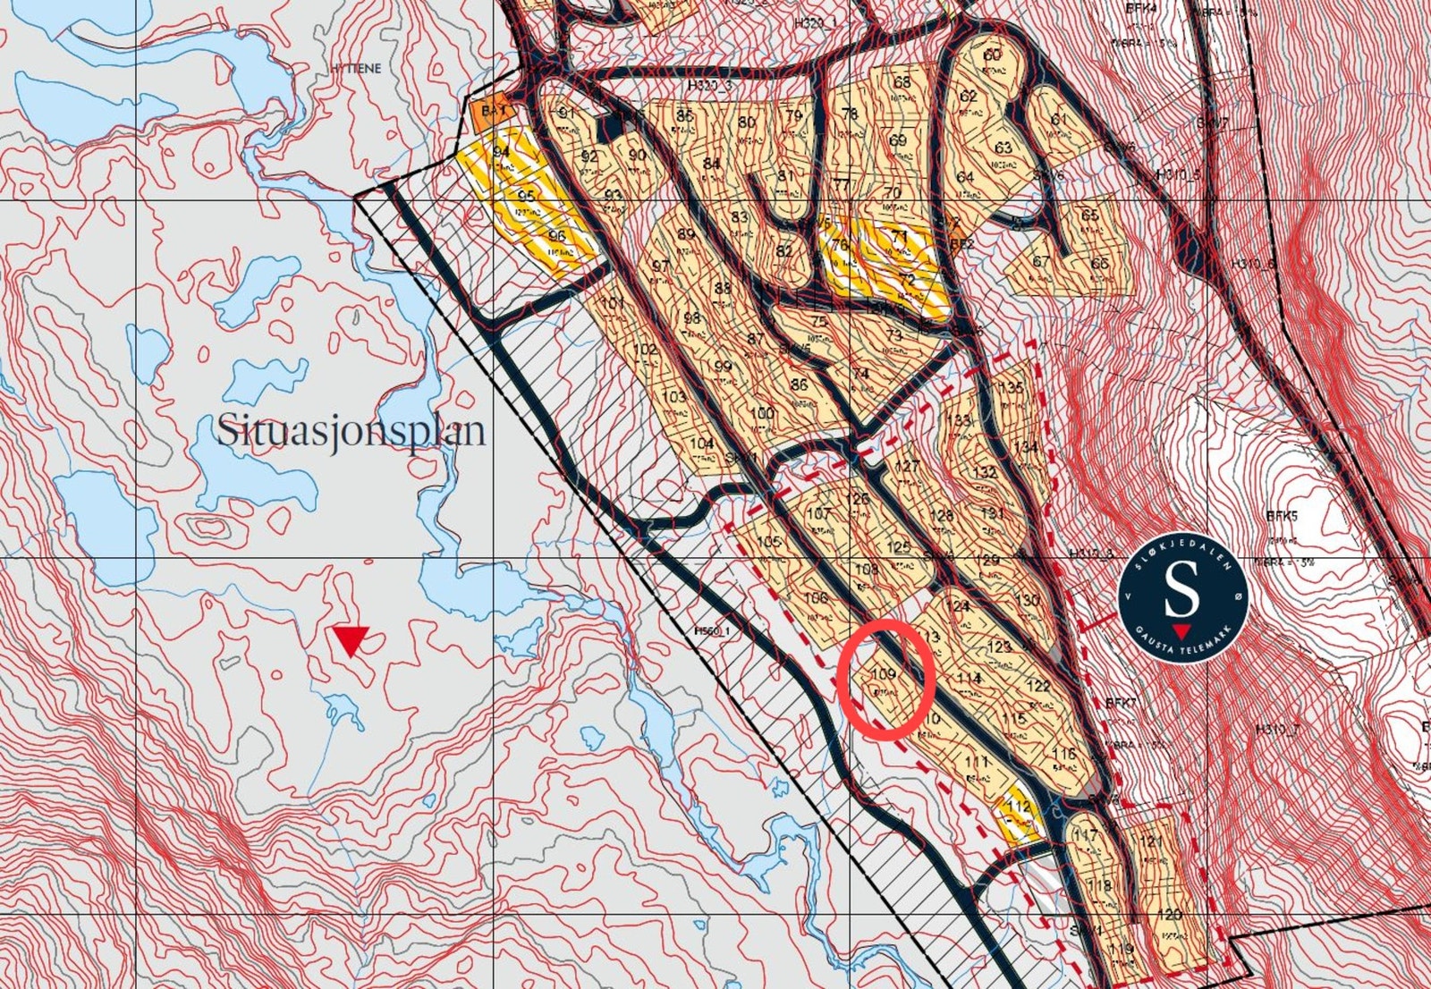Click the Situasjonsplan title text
[x=351, y=431]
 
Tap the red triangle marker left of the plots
[x=351, y=640]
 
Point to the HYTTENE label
[x=355, y=68]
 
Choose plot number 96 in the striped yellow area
[x=557, y=237]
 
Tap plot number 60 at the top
[x=992, y=55]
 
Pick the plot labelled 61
[x=1059, y=120]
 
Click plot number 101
[x=612, y=304]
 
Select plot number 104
[x=702, y=444]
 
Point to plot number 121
[x=1152, y=842]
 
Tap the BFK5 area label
[x=1281, y=516]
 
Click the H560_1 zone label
[x=712, y=630]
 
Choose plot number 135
[x=1011, y=388]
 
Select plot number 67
[x=1040, y=262]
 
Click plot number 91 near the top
[x=566, y=114]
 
